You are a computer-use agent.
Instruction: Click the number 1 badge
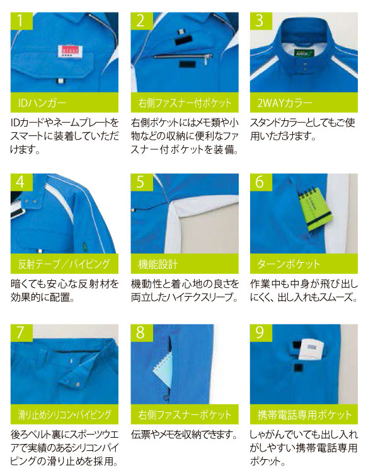pos(21,21)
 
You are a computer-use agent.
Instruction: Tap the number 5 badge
pos(142,182)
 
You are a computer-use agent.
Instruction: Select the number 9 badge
pos(261,333)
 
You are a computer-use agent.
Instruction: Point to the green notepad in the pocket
pos(314,210)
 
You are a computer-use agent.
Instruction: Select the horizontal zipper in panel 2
pos(183,57)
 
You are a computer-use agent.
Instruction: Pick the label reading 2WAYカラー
pos(284,103)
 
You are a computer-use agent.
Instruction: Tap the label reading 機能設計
pos(157,265)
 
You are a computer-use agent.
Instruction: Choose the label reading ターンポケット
pos(289,265)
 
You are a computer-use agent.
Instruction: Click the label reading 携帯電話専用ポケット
pos(304,415)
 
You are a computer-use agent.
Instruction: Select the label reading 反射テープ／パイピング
pos(64,265)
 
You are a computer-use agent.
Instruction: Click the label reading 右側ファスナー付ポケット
pos(185,103)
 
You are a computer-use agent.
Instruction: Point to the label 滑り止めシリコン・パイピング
pos(64,415)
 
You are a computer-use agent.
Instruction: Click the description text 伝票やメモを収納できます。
pos(185,435)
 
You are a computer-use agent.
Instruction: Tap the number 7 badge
pos(21,333)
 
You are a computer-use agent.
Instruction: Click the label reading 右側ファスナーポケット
pos(185,415)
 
